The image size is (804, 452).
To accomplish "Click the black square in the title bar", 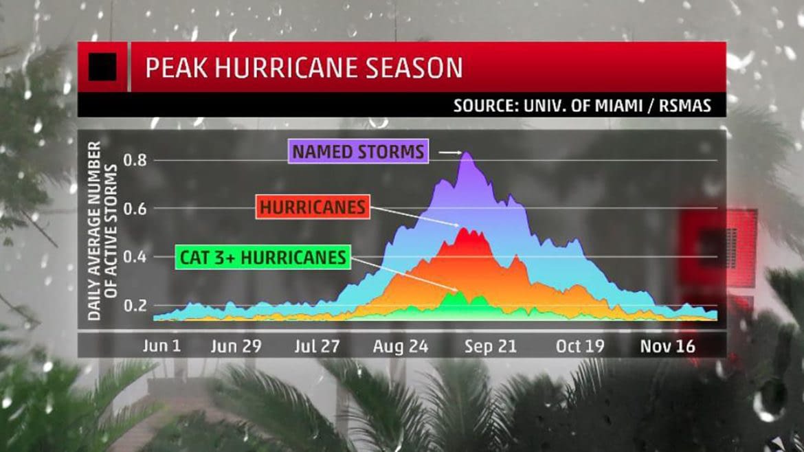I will pos(102,67).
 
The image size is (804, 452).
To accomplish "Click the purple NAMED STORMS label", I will pos(359,151).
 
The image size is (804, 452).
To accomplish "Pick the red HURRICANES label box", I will pos(312,207).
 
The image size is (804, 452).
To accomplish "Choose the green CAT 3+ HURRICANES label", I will pos(262,258).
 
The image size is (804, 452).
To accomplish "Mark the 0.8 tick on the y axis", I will pos(135,160).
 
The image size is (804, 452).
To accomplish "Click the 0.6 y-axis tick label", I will pos(135,208).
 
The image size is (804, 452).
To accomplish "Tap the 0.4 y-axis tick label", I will pos(135,257).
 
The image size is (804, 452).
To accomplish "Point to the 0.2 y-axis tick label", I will pos(135,305).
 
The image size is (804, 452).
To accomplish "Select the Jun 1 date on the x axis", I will pos(161,346).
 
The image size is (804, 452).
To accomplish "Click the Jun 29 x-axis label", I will pos(236,346).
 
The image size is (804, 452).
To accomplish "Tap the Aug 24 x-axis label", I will pos(401,346).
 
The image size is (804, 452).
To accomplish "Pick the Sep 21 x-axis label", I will pos(490,346).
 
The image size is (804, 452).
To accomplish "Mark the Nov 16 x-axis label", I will pos(667,346).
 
